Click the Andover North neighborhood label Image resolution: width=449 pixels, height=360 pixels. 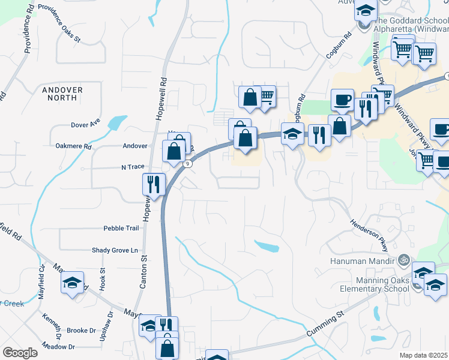(62, 93)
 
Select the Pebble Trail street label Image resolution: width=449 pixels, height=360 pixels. (121, 228)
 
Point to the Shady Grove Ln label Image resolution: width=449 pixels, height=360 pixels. (115, 250)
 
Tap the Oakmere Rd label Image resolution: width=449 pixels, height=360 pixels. (73, 146)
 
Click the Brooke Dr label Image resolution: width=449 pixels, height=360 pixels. (81, 331)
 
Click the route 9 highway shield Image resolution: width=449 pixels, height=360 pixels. (188, 163)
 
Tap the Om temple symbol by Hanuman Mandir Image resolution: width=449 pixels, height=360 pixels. (404, 260)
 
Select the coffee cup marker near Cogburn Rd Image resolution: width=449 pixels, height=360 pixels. (342, 100)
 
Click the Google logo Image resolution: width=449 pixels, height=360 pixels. (20, 353)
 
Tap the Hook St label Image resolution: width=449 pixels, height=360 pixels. (102, 280)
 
